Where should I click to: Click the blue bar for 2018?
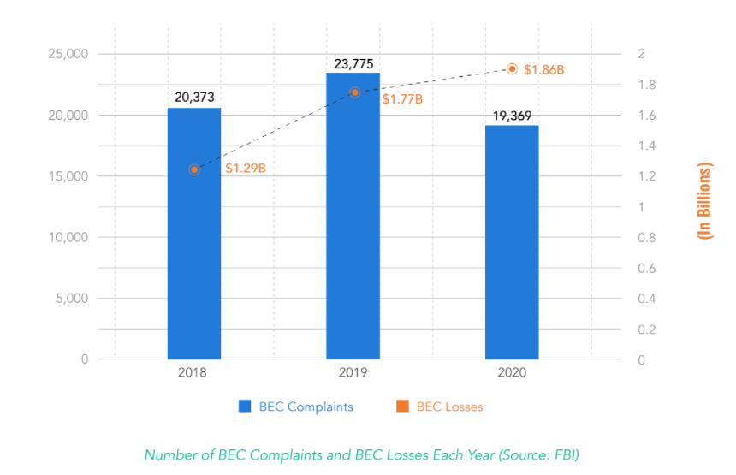click(194, 233)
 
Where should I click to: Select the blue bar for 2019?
click(353, 216)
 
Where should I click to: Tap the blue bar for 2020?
click(512, 242)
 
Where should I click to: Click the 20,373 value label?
click(194, 98)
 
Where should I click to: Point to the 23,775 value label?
click(353, 63)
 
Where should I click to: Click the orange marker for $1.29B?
click(194, 169)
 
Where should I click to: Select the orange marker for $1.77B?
click(354, 92)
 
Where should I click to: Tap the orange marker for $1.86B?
click(512, 68)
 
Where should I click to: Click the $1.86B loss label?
click(544, 69)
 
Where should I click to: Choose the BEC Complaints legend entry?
click(296, 407)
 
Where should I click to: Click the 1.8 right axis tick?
click(641, 85)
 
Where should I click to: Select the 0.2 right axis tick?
click(641, 330)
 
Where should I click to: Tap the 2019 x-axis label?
click(353, 373)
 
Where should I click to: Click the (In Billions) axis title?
click(705, 200)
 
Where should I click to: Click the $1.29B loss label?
click(246, 169)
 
